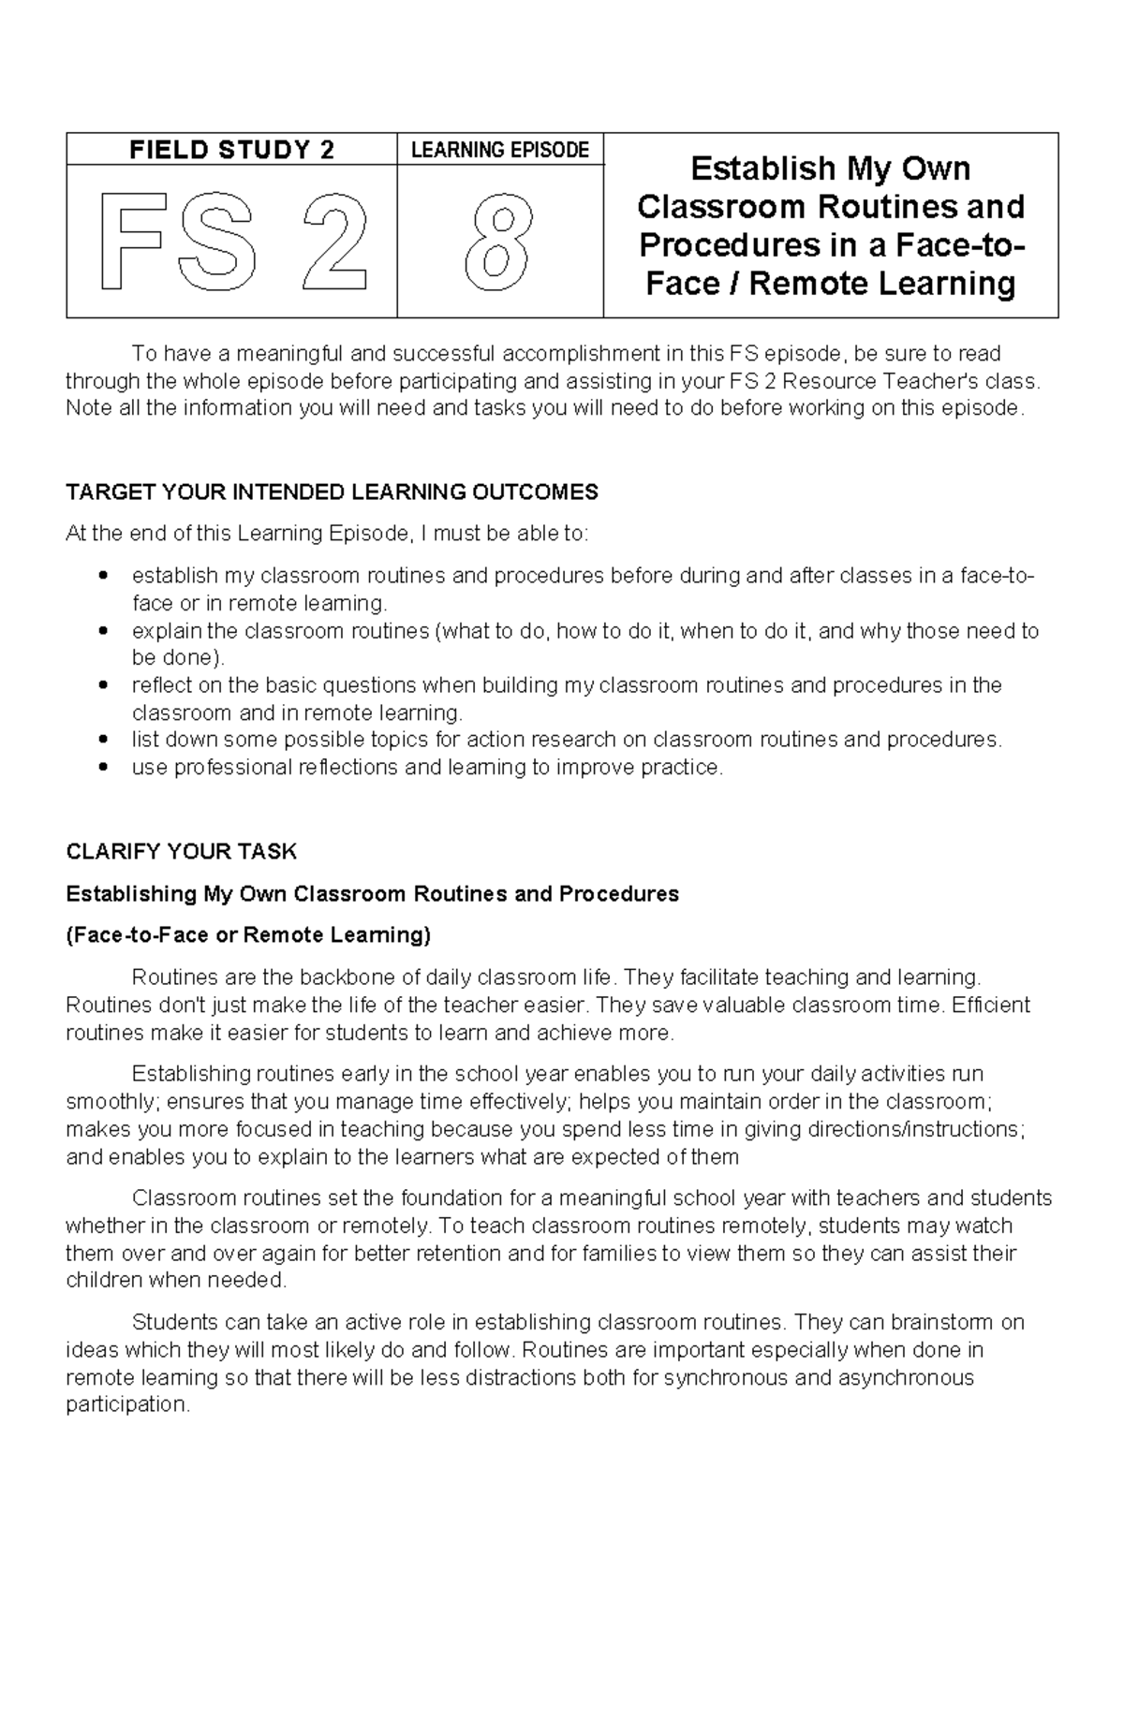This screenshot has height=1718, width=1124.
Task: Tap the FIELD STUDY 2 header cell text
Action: pyautogui.click(x=231, y=150)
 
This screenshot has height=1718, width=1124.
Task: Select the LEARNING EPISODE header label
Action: pyautogui.click(x=500, y=150)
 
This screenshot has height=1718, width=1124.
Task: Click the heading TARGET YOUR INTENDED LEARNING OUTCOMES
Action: pyautogui.click(x=332, y=492)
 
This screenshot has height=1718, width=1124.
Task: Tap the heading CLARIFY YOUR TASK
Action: pyautogui.click(x=181, y=852)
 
